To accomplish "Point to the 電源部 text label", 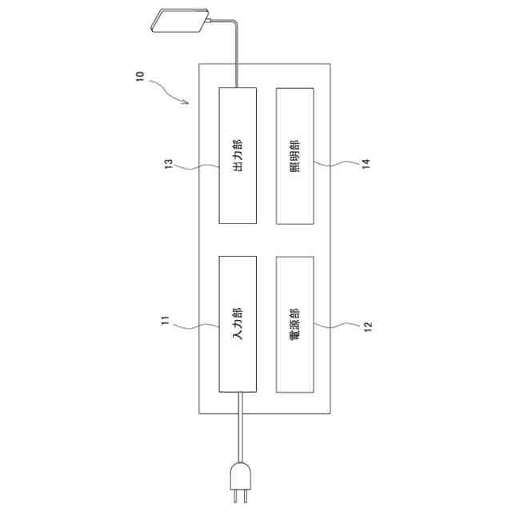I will click(294, 323).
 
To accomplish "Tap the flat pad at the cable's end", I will click(182, 22).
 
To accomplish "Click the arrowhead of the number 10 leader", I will click(187, 102).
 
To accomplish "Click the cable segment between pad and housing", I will click(238, 56).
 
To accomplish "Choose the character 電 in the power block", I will click(294, 337).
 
